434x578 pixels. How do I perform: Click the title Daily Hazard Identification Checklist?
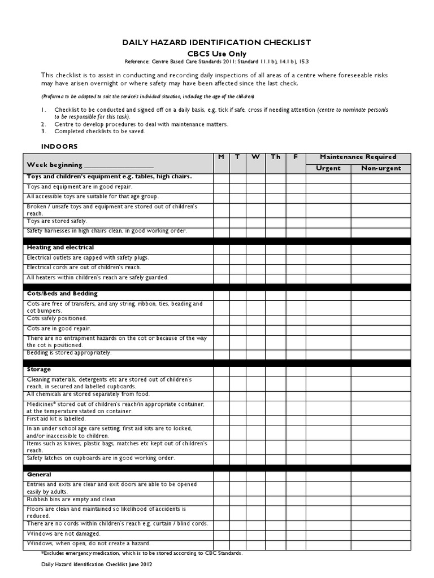pyautogui.click(x=216, y=42)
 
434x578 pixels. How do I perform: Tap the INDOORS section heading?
pyautogui.click(x=59, y=146)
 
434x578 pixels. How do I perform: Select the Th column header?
pyautogui.click(x=275, y=157)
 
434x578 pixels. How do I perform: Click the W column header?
pyautogui.click(x=255, y=157)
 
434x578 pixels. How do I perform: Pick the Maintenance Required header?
pyautogui.click(x=358, y=157)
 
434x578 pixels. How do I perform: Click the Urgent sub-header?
pyautogui.click(x=328, y=168)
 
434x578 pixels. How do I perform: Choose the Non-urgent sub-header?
pyautogui.click(x=381, y=168)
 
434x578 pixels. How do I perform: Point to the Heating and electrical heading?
pyautogui.click(x=60, y=247)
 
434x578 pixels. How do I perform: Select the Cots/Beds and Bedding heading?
pyautogui.click(x=62, y=294)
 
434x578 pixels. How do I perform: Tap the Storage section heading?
pyautogui.click(x=39, y=369)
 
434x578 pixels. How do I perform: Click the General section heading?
pyautogui.click(x=39, y=475)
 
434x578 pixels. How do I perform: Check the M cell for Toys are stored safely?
pyautogui.click(x=222, y=222)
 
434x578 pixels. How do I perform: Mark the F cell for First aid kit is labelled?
pyautogui.click(x=296, y=419)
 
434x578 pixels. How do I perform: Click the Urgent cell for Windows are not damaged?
pyautogui.click(x=328, y=534)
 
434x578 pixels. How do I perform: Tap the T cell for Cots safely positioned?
pyautogui.click(x=238, y=318)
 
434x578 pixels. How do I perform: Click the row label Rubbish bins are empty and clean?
pyautogui.click(x=71, y=500)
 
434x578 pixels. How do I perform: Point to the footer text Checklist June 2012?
pyautogui.click(x=97, y=564)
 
